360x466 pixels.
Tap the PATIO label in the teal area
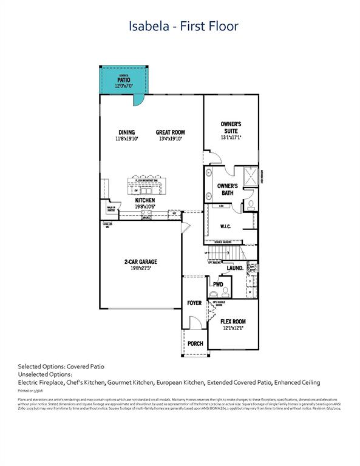tap(124, 79)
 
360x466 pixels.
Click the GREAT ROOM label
tap(170, 132)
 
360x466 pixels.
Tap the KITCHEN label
tap(144, 200)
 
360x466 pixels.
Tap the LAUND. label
tap(235, 268)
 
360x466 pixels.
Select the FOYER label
tap(194, 303)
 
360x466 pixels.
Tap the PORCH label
tap(195, 343)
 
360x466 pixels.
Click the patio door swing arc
tap(138, 98)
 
